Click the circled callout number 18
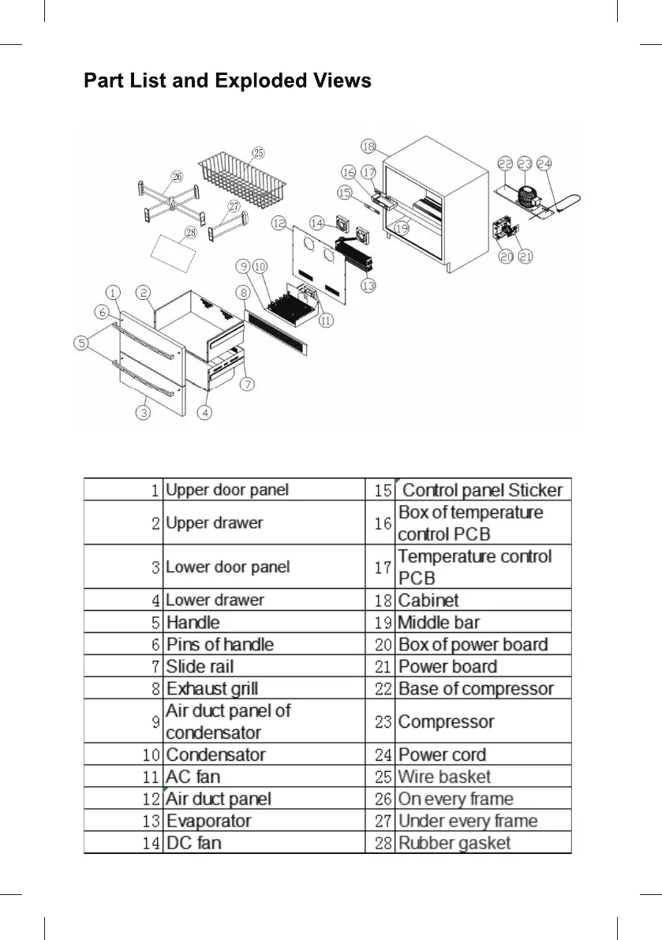[x=368, y=146]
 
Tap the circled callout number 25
[x=258, y=152]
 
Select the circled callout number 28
[x=190, y=232]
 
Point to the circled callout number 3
[x=144, y=412]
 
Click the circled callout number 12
[x=279, y=224]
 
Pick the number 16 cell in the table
[x=383, y=522]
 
